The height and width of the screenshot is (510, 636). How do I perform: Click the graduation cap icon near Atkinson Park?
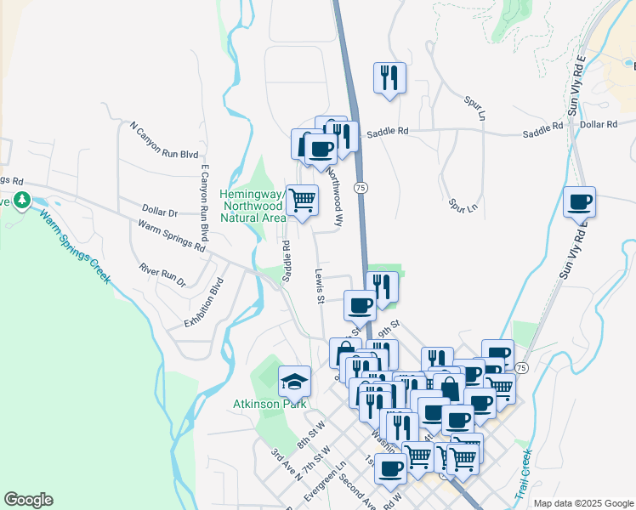click(294, 382)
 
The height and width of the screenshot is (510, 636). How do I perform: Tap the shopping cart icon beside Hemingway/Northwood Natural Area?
click(302, 201)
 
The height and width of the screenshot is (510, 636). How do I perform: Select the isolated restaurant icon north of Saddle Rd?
click(389, 78)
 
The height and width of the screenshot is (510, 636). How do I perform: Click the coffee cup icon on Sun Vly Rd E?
click(579, 202)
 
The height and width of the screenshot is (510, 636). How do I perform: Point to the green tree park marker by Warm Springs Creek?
click(21, 201)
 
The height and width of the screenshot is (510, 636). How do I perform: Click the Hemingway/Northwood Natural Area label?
click(253, 206)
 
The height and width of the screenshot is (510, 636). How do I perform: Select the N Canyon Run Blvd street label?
click(164, 141)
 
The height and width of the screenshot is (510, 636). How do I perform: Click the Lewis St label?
click(320, 288)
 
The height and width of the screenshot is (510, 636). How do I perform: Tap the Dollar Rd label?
click(599, 124)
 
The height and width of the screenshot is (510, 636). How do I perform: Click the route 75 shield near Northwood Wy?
click(361, 187)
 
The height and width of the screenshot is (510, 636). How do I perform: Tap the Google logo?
click(28, 500)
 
